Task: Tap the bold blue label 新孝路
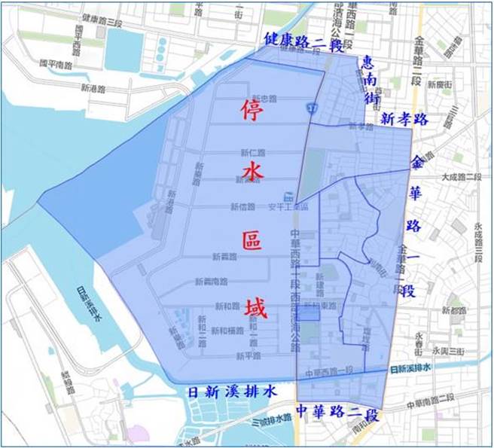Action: (404, 118)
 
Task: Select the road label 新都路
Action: (455, 309)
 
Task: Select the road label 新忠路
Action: (265, 99)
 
